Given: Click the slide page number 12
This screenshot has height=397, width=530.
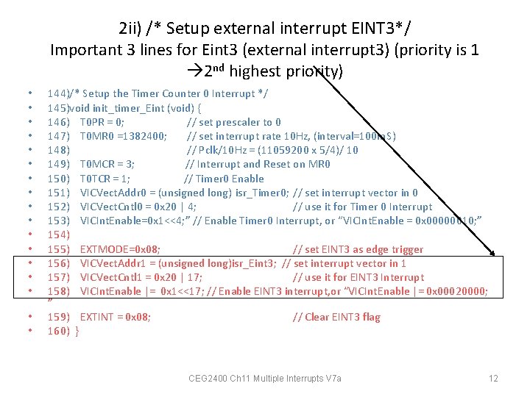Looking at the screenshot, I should tap(493, 379).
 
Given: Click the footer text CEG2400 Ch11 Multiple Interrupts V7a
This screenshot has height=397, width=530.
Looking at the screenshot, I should tap(265, 379).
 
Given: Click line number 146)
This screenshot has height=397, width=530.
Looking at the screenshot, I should tap(58, 122).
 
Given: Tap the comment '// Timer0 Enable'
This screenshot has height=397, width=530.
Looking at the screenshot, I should tap(224, 179).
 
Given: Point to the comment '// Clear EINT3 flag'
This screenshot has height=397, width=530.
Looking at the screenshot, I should tap(336, 317).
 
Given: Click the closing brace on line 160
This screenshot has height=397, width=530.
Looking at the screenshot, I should tap(77, 331).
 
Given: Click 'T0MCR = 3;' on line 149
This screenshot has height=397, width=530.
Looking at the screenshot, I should tap(107, 165).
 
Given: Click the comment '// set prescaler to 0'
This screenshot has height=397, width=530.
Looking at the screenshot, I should tap(233, 122).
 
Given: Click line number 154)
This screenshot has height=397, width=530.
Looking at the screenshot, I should tap(58, 235).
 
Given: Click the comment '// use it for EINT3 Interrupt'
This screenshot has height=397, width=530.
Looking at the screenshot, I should tap(358, 277).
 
